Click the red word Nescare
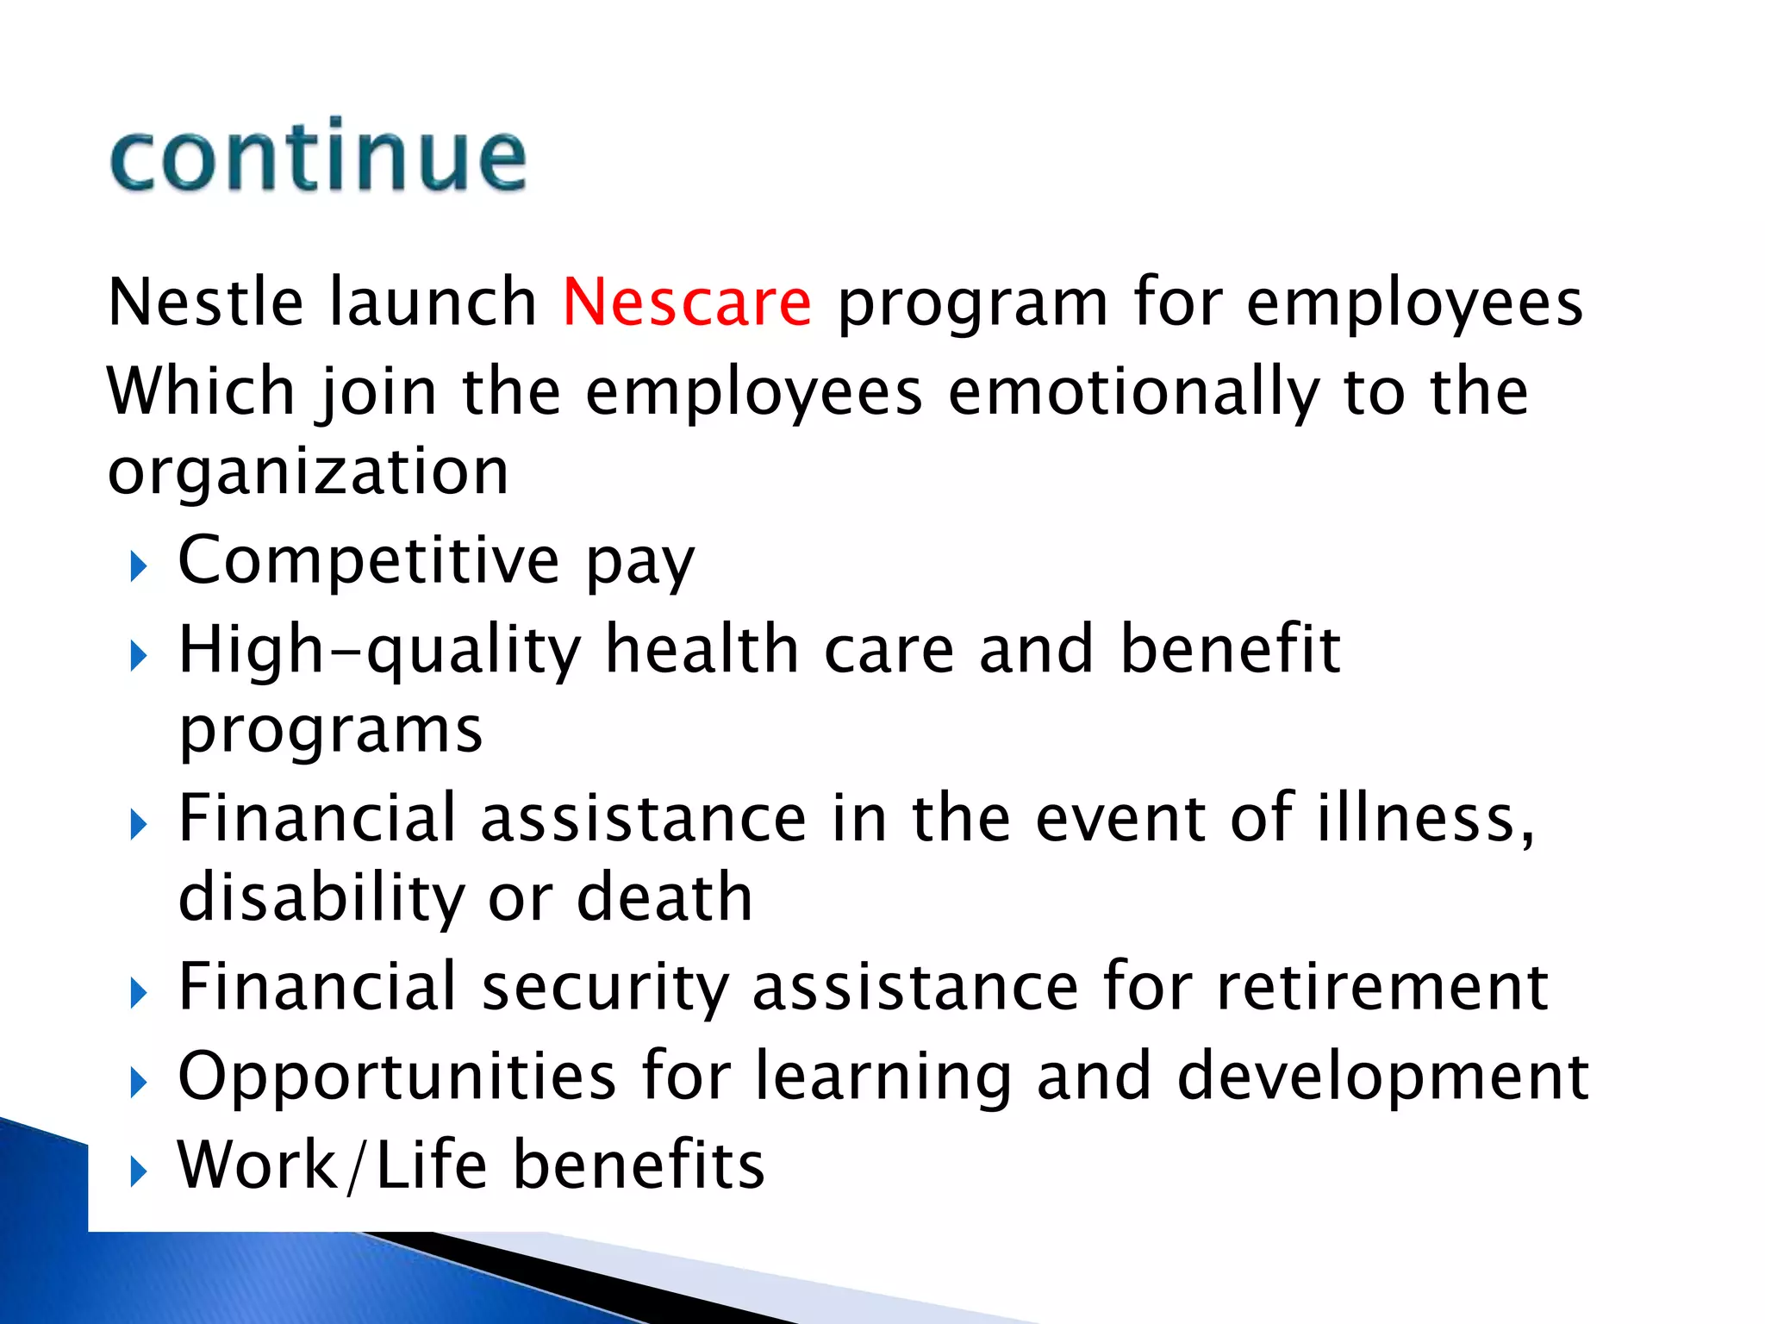click(686, 303)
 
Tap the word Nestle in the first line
click(205, 303)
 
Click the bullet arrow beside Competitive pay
click(139, 566)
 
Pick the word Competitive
click(369, 560)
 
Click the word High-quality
click(380, 650)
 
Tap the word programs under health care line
click(331, 731)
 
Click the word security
click(604, 987)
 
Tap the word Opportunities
click(396, 1077)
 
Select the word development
click(1382, 1077)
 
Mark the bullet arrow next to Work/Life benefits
click(139, 1171)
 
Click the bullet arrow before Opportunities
click(139, 1083)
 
